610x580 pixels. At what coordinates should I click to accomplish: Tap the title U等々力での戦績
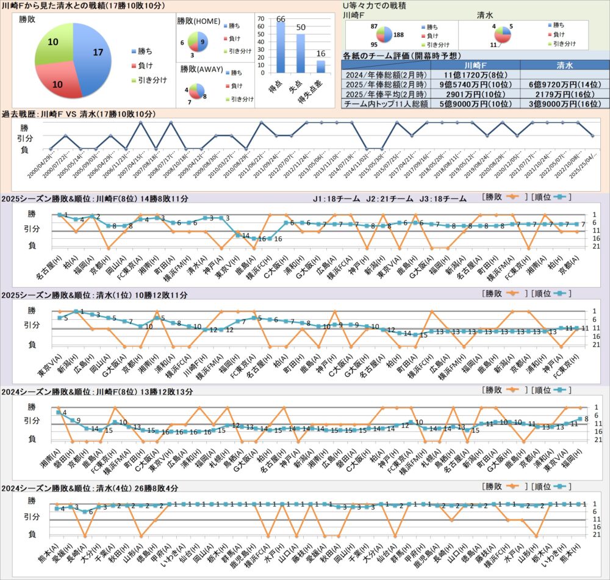coord(376,5)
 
